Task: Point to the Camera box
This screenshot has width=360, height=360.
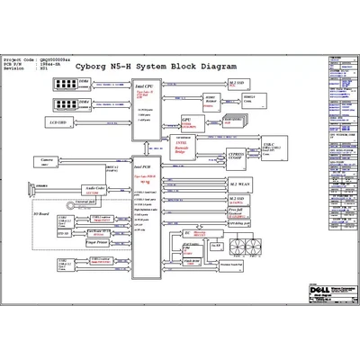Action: [45, 160]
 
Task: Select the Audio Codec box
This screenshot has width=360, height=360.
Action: [91, 190]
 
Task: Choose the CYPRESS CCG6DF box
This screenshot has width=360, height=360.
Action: [236, 153]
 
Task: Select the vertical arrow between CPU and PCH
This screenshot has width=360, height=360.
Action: [146, 145]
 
